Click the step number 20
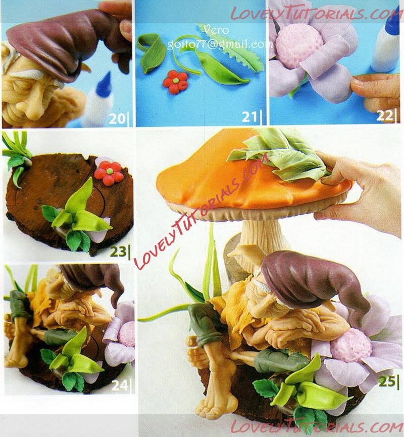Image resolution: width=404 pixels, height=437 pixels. tap(117, 119)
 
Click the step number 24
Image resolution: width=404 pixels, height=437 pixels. tap(120, 386)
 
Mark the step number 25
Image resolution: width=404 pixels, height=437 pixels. tap(386, 382)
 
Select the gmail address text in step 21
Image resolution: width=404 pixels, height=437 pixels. tap(220, 44)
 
